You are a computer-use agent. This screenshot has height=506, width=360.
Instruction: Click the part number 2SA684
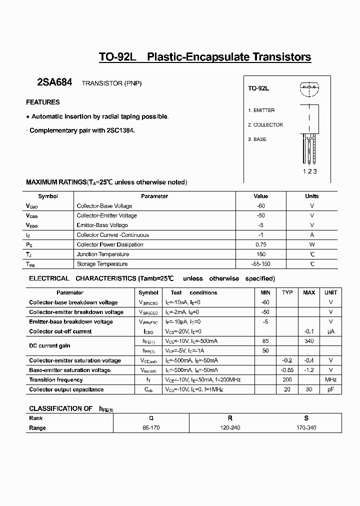tap(54, 83)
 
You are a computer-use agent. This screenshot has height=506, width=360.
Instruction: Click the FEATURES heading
tap(42, 102)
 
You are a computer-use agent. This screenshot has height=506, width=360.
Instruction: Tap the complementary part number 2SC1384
tap(120, 130)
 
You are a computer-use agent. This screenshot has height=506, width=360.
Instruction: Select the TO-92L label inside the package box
tap(258, 88)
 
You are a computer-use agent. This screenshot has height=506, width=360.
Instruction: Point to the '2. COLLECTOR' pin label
tap(265, 125)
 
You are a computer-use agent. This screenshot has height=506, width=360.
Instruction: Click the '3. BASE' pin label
tap(257, 139)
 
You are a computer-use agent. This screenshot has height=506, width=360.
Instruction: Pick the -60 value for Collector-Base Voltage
tap(260, 206)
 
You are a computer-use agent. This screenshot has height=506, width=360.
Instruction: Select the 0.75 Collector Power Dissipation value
tap(260, 244)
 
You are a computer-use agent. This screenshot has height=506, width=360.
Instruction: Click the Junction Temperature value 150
tap(260, 254)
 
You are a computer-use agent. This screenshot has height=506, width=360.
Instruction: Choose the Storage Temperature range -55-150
tap(260, 264)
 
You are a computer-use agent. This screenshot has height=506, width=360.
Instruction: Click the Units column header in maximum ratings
tap(311, 196)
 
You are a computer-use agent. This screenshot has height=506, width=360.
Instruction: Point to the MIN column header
tap(265, 292)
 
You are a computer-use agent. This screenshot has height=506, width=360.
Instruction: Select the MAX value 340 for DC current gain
tap(308, 341)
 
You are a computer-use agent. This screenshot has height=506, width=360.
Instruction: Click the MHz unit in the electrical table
tap(330, 380)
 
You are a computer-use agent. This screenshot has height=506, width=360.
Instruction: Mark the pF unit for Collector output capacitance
tap(330, 389)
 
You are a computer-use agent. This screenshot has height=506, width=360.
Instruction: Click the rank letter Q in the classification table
tap(151, 418)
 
